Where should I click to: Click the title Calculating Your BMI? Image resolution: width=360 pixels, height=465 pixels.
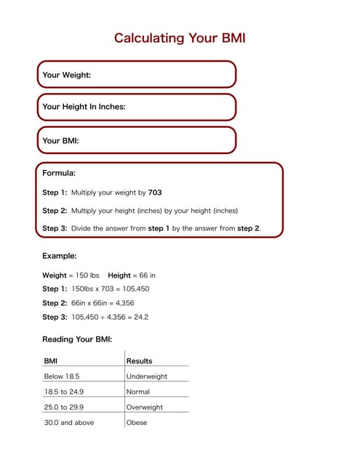[180, 38]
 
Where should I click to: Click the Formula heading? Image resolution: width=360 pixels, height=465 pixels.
[59, 174]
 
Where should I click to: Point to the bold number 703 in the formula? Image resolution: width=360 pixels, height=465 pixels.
[155, 193]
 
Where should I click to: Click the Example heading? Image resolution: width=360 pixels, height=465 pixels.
[60, 256]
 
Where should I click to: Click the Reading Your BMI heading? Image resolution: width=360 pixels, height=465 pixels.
[77, 339]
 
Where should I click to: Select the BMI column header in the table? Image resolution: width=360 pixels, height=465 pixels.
[51, 361]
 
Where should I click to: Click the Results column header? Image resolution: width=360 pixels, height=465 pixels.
[140, 361]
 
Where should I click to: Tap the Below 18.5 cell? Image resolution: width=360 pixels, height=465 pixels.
[62, 376]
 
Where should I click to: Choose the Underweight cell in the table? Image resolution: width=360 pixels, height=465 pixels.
[147, 376]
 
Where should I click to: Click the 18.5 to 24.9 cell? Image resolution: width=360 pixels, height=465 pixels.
[64, 392]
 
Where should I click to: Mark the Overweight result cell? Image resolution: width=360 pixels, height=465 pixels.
[145, 408]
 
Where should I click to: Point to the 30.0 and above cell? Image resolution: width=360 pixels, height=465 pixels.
[69, 423]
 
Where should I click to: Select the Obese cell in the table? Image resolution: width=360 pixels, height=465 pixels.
[137, 423]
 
